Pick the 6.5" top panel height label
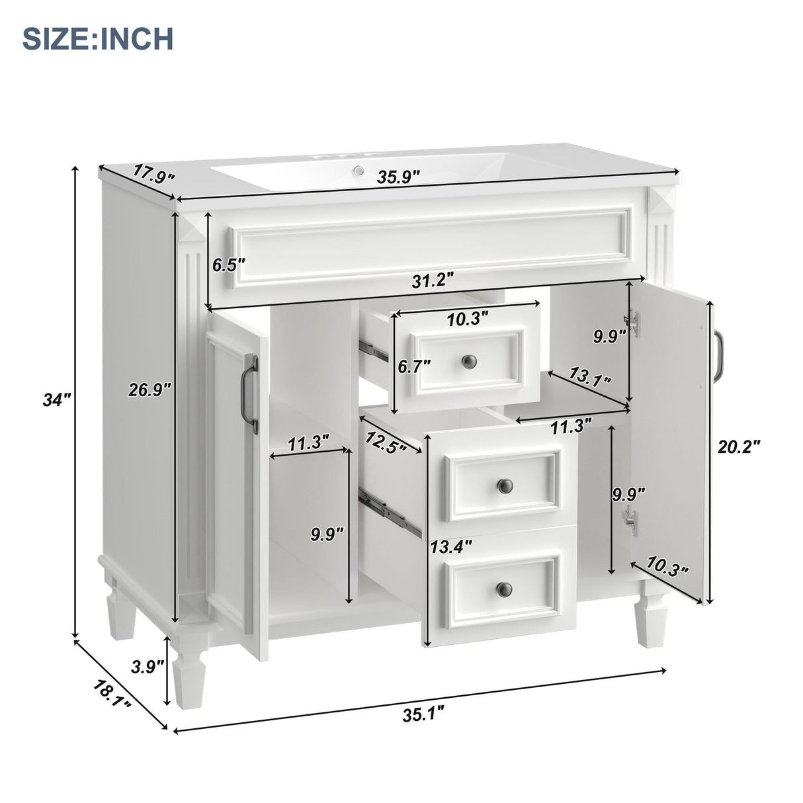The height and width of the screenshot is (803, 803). tap(229, 265)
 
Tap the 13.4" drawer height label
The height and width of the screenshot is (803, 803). tap(451, 546)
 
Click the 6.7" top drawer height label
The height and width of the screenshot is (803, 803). tap(414, 365)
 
